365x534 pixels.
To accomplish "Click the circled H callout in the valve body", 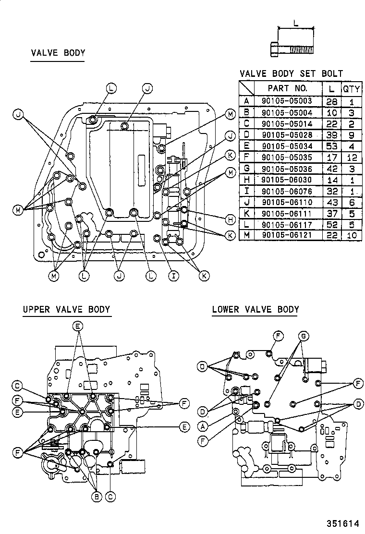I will (x=230, y=219).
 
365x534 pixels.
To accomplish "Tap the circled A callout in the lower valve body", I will (x=204, y=426).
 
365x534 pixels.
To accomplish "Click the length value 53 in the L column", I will (x=331, y=146).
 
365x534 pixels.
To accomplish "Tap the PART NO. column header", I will (x=287, y=88).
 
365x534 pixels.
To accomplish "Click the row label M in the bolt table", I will (x=246, y=235).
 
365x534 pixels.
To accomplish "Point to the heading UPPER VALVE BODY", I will (x=66, y=310).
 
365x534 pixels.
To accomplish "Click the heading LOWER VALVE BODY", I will (x=255, y=309).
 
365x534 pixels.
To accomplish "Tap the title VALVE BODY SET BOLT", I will (x=291, y=73).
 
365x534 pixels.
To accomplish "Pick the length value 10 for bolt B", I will (x=331, y=112).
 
